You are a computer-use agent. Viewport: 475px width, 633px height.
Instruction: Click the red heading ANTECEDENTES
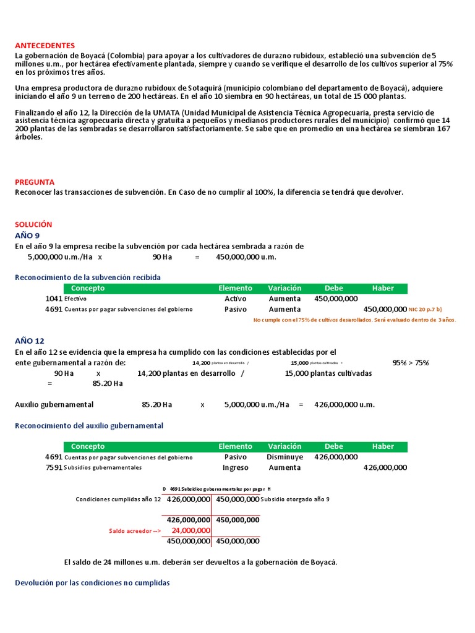pyautogui.click(x=45, y=46)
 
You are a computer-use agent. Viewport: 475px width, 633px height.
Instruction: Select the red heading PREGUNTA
pyautogui.click(x=35, y=182)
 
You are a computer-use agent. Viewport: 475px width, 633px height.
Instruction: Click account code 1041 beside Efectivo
pyautogui.click(x=53, y=299)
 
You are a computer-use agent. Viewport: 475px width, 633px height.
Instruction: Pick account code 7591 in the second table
pyautogui.click(x=53, y=468)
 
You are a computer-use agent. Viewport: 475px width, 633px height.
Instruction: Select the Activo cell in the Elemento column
pyautogui.click(x=235, y=299)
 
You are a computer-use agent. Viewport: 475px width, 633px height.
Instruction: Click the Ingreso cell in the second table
pyautogui.click(x=235, y=468)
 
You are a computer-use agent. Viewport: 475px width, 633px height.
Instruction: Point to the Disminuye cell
pyautogui.click(x=285, y=457)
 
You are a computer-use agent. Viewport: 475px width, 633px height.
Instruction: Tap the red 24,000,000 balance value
pyautogui.click(x=191, y=530)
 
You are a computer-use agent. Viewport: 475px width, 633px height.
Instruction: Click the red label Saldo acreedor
pyautogui.click(x=135, y=531)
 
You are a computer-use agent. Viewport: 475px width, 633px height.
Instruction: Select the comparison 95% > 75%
pyautogui.click(x=411, y=363)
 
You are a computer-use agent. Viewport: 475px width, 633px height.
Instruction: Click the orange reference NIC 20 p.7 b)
pyautogui.click(x=426, y=309)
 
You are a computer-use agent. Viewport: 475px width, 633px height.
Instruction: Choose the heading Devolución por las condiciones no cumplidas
pyautogui.click(x=92, y=583)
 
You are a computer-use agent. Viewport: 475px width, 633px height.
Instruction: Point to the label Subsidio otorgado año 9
pyautogui.click(x=295, y=499)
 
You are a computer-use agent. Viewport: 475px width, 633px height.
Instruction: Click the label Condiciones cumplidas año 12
pyautogui.click(x=118, y=499)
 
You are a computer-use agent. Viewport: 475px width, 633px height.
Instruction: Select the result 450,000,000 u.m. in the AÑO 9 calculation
pyautogui.click(x=246, y=257)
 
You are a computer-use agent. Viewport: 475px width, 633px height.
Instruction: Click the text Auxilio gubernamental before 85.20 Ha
pyautogui.click(x=54, y=405)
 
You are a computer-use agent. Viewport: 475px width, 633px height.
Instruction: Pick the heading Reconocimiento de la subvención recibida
pyautogui.click(x=88, y=278)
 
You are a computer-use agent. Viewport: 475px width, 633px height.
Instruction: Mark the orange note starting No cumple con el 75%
pyautogui.click(x=354, y=320)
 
